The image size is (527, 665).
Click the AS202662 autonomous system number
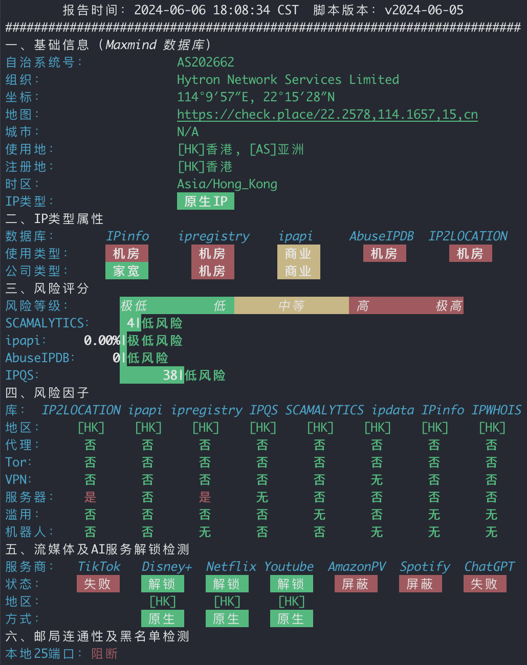206,62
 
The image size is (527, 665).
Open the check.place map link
327,115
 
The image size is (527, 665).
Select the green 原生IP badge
206,202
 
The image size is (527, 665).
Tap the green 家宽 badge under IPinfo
127,271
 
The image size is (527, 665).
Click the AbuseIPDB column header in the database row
382,236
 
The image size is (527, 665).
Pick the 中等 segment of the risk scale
292,305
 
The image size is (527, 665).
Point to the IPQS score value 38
170,375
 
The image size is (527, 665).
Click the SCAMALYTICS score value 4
130,323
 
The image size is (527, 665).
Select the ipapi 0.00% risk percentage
102,341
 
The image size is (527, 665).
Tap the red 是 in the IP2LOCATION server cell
90,497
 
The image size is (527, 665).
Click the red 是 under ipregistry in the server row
205,497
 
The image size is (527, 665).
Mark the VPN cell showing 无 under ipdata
377,480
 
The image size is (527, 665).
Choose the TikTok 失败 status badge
98,584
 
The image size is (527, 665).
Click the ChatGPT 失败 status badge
485,584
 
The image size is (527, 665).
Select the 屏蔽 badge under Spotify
421,584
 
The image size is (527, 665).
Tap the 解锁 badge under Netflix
227,584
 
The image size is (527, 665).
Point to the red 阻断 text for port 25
104,654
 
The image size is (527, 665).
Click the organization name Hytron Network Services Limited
288,80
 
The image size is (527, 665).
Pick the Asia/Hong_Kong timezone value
227,184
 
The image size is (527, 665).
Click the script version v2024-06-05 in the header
424,10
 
